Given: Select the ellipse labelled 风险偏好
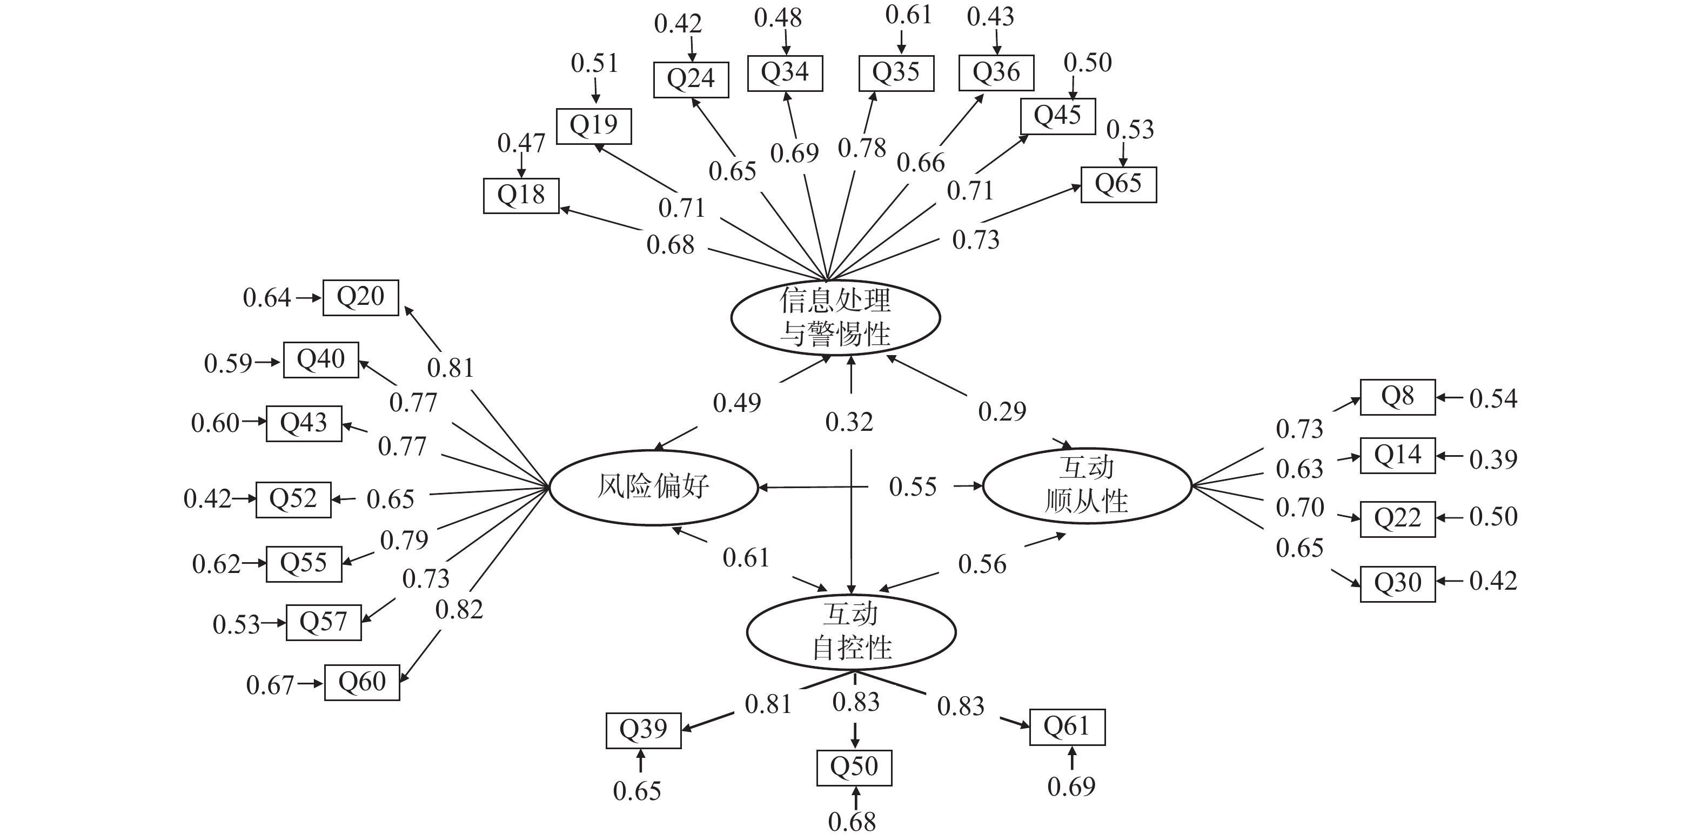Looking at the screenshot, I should click(x=653, y=487).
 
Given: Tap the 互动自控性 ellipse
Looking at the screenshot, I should click(x=851, y=632).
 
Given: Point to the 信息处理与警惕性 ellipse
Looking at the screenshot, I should click(x=835, y=318).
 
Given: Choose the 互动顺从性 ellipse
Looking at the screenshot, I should click(x=1087, y=486).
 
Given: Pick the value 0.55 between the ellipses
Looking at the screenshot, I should click(x=913, y=487).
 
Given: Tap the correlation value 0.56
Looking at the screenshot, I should click(x=982, y=564).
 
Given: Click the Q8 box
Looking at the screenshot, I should click(x=1397, y=397).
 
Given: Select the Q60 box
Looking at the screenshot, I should click(x=361, y=682).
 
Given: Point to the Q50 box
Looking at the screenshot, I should click(x=854, y=768).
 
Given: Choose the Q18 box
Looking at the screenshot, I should click(x=521, y=196).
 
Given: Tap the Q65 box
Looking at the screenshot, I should click(x=1118, y=184).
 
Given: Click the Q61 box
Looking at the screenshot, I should click(x=1067, y=727).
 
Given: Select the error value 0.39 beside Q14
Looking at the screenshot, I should click(x=1492, y=459).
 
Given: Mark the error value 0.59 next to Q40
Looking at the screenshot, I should click(x=228, y=363).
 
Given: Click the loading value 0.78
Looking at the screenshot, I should click(x=862, y=149).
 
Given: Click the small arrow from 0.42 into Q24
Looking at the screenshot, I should click(x=693, y=50).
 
